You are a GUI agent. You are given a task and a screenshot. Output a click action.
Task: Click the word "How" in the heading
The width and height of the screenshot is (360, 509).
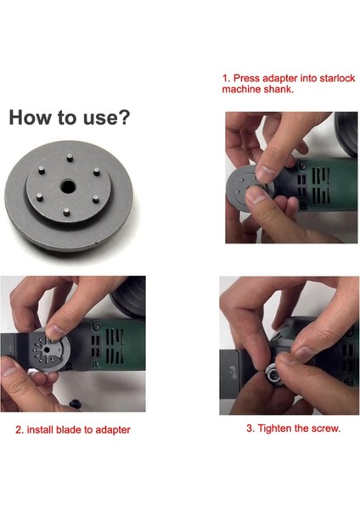[31, 117]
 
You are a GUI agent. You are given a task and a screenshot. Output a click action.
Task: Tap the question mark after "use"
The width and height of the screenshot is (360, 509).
[124, 117]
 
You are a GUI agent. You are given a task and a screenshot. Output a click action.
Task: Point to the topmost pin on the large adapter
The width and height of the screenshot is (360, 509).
[69, 158]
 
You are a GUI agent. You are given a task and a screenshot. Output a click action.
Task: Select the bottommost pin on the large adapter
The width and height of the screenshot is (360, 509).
[66, 212]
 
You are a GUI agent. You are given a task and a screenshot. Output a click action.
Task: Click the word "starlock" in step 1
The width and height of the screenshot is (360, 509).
[337, 78]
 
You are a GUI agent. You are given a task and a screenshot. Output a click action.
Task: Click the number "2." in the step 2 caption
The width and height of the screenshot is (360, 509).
[20, 430]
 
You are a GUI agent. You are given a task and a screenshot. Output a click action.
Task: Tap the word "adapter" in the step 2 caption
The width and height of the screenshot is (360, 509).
[113, 430]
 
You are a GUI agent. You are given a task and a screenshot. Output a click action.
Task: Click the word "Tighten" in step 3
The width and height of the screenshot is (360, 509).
[274, 428]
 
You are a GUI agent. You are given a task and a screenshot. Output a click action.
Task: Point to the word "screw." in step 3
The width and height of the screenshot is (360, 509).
[326, 428]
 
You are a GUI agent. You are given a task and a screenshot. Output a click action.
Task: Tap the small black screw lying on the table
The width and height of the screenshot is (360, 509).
[75, 404]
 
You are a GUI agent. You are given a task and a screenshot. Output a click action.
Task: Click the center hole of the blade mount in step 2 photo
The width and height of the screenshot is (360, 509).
[47, 350]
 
